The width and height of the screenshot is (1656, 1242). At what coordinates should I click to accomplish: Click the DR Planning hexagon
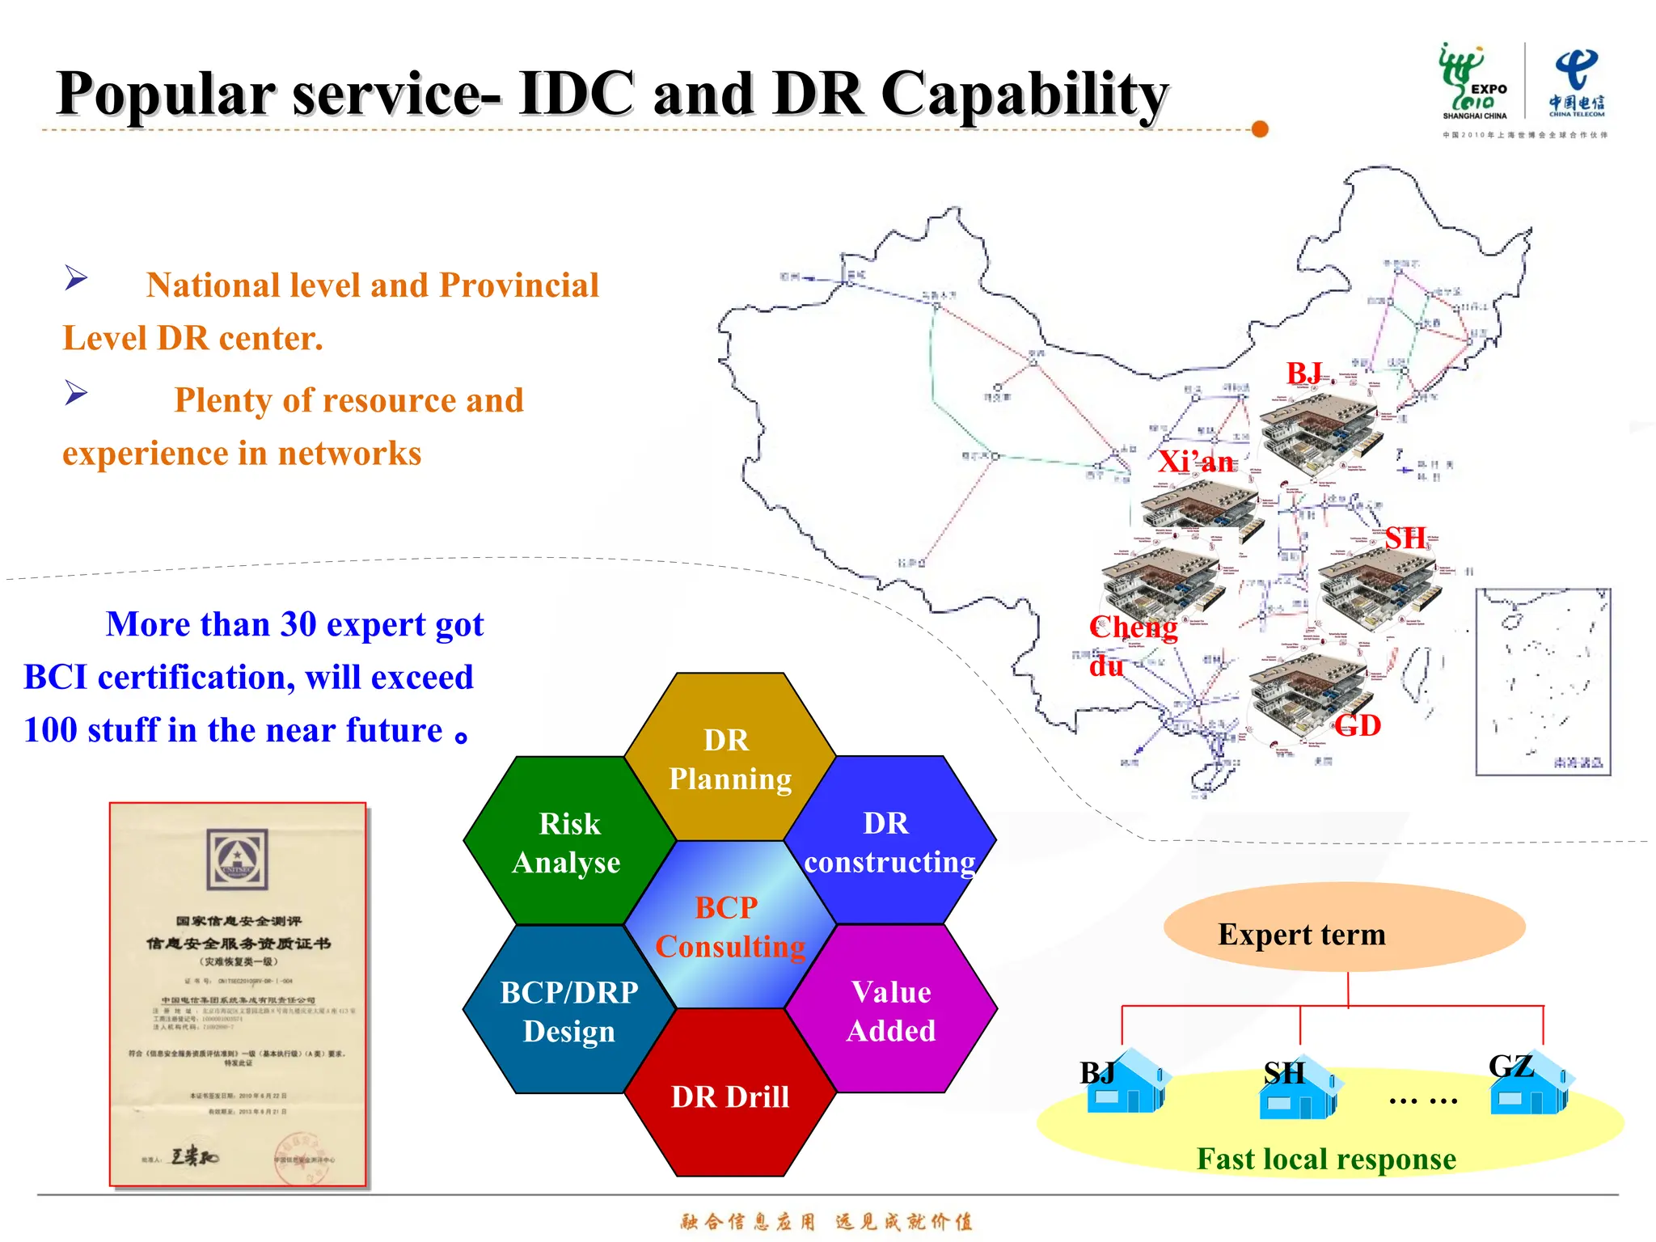pos(729,758)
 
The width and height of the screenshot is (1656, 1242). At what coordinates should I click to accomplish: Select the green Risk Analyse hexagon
pos(568,842)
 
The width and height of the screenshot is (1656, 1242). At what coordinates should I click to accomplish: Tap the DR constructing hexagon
pos(889,841)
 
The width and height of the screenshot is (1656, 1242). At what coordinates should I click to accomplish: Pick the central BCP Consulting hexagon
pos(729,926)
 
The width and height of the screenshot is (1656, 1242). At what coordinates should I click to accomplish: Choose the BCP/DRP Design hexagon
pos(568,1011)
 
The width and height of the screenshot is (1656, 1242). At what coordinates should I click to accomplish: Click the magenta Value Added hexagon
pos(890,1010)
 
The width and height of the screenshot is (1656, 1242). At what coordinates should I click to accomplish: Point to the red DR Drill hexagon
pos(729,1095)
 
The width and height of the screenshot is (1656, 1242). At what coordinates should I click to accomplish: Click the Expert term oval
pos(1344,927)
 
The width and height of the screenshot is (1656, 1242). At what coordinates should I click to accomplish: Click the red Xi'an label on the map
pos(1196,462)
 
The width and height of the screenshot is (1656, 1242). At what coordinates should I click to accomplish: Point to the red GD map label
pos(1358,725)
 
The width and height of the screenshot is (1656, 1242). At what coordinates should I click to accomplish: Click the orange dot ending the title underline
pos(1259,129)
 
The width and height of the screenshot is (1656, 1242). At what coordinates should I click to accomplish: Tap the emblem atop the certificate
pos(237,859)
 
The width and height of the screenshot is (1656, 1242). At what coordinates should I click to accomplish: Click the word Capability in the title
pos(1024,95)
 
